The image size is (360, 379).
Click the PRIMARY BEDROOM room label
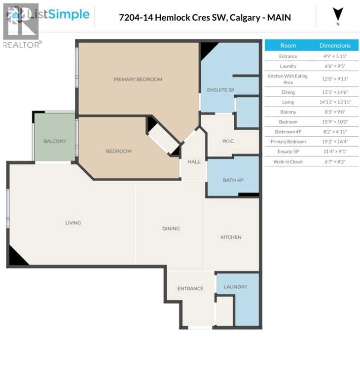coord(138,79)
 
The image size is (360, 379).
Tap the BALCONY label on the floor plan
coord(55,141)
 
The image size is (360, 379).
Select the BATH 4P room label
coord(233,180)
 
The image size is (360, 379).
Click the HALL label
coord(193,161)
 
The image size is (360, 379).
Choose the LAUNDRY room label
coord(235,287)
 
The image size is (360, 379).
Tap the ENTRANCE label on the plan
coord(190,289)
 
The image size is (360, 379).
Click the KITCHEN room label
coord(231,237)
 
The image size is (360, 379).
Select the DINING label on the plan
coord(171,228)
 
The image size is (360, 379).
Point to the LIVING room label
coord(73,223)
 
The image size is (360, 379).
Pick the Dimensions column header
coord(335,45)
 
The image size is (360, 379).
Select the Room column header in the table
coord(288,45)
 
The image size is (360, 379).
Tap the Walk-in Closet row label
coord(288,162)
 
